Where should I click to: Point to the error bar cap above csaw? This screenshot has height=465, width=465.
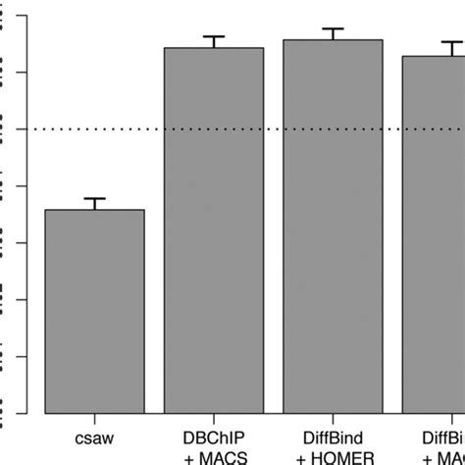click(x=95, y=199)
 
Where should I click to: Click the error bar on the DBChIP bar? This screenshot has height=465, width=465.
click(x=214, y=40)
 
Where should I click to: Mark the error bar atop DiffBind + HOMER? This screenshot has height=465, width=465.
click(x=333, y=32)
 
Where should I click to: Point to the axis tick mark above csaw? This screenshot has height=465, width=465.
click(x=95, y=418)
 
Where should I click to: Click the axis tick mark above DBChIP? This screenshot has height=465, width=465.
click(x=214, y=418)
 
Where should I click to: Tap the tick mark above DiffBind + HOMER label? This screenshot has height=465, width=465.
click(x=333, y=418)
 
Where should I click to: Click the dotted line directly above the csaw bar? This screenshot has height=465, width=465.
click(x=95, y=129)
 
